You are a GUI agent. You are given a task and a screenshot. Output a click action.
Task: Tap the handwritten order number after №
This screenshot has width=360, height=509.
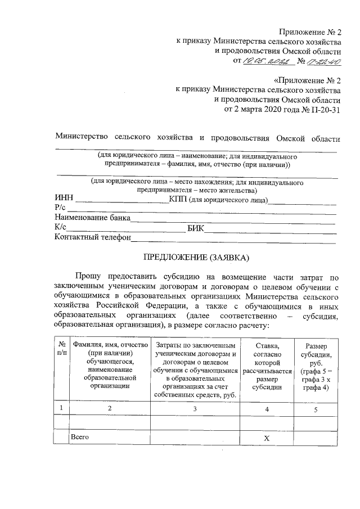click(324, 61)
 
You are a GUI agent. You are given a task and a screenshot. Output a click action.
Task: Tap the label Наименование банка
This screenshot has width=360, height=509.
click(92, 218)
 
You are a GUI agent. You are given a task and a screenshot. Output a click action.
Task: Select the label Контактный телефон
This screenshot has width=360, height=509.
click(92, 237)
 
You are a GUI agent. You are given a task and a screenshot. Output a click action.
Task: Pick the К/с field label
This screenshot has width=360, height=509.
click(61, 228)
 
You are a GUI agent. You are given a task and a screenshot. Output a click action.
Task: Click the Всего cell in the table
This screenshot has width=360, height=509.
click(80, 436)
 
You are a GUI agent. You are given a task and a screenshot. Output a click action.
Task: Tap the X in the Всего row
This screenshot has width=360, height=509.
click(267, 437)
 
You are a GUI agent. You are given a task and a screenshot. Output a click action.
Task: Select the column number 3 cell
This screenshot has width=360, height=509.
click(195, 408)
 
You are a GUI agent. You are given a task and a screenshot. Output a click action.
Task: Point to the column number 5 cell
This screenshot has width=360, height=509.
click(316, 409)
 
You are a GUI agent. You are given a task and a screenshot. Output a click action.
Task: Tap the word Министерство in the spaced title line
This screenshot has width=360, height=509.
click(82, 138)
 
